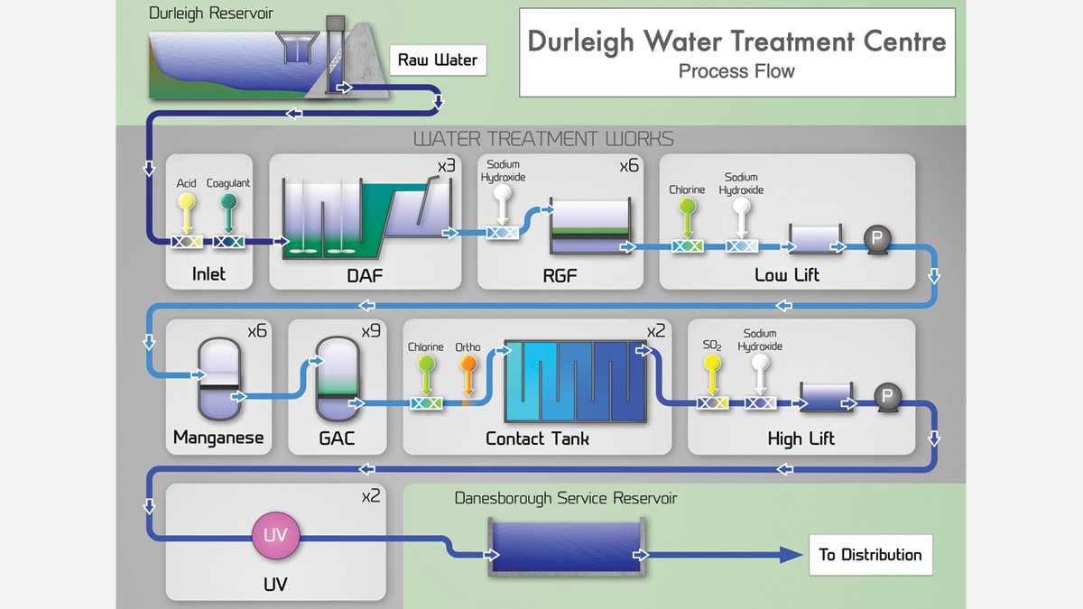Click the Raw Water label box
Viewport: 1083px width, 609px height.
[438, 60]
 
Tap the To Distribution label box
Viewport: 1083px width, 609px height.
[870, 555]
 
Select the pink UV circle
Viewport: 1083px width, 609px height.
[275, 536]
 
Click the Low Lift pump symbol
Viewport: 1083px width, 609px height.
[875, 238]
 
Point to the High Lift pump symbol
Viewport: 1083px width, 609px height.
[886, 396]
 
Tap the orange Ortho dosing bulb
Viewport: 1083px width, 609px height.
[468, 364]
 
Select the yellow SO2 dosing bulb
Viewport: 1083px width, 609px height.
[712, 364]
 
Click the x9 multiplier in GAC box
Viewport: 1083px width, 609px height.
[371, 331]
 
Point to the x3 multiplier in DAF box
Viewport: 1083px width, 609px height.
[446, 167]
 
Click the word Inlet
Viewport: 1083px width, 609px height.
[208, 274]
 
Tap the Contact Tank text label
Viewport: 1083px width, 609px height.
[537, 438]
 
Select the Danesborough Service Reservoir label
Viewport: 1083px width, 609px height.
[566, 498]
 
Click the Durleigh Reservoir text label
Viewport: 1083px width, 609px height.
[211, 14]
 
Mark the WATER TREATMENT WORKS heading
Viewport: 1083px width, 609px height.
[543, 139]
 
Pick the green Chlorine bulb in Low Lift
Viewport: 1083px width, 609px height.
[687, 208]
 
